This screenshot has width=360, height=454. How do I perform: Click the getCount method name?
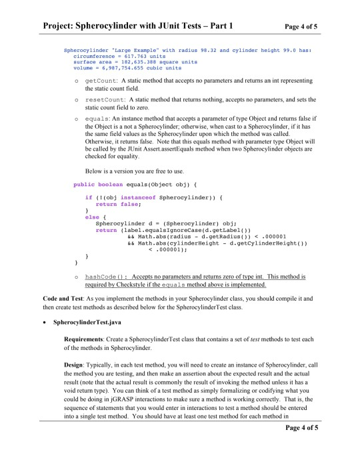click(99, 79)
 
